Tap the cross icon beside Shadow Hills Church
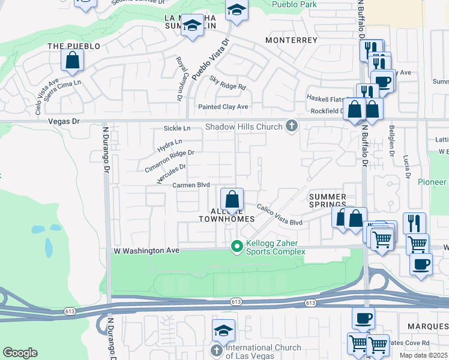point(292,126)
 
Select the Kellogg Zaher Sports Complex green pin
point(237,246)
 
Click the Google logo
point(20,353)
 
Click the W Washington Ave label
point(147,250)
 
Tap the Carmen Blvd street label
point(191,185)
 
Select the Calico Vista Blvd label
point(280,215)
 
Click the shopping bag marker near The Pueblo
point(72,61)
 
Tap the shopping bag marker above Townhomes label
point(232,199)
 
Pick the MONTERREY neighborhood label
point(291,40)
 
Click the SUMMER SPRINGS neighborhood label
point(328,201)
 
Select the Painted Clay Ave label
point(223,107)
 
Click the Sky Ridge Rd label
point(228,83)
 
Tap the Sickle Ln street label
point(177,128)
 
